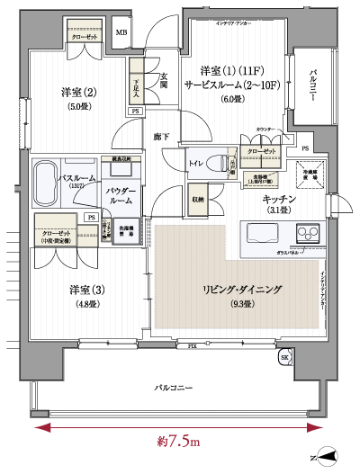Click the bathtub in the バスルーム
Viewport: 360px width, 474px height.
pyautogui.click(x=50, y=185)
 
